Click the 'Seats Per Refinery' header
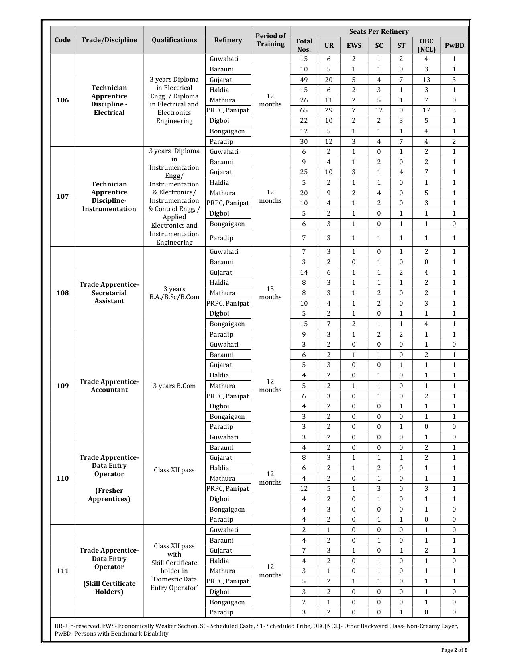(379, 31)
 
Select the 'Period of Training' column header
(270, 40)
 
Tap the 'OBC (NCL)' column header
(426, 45)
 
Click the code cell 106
(63, 100)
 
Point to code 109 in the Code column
(63, 386)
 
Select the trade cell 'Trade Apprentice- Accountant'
(109, 386)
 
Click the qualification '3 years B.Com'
(174, 386)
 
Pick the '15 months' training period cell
(270, 293)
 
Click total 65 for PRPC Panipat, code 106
(304, 110)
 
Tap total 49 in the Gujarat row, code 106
(304, 80)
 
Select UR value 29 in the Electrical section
(328, 110)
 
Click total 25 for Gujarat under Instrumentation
(304, 172)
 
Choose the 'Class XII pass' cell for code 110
(174, 470)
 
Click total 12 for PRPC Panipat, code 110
(304, 488)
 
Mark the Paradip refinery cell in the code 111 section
(221, 612)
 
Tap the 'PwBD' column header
(454, 45)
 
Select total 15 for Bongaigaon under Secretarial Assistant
(304, 324)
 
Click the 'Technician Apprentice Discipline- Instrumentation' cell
(109, 196)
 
